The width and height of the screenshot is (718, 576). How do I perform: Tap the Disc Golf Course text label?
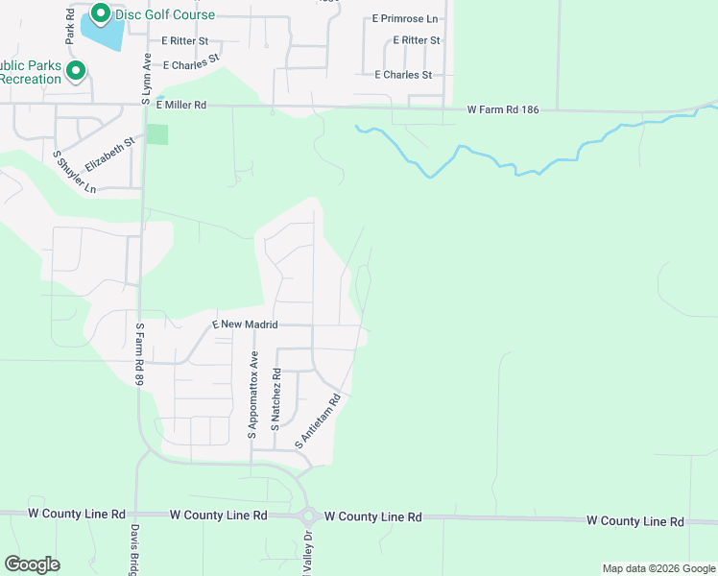point(165,15)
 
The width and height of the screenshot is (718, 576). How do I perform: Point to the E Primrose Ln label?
point(404,18)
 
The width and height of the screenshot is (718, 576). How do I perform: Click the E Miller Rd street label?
point(180,106)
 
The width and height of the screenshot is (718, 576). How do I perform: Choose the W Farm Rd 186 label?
point(503,110)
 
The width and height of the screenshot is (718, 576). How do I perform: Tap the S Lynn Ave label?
point(147,79)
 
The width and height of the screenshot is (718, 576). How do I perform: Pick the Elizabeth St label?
point(107,153)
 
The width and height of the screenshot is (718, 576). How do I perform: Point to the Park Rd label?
point(70,28)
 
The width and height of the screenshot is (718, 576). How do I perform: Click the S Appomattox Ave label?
point(254,396)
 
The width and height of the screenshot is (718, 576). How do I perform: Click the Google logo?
point(32,564)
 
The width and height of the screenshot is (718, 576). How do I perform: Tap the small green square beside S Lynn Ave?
point(157,134)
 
